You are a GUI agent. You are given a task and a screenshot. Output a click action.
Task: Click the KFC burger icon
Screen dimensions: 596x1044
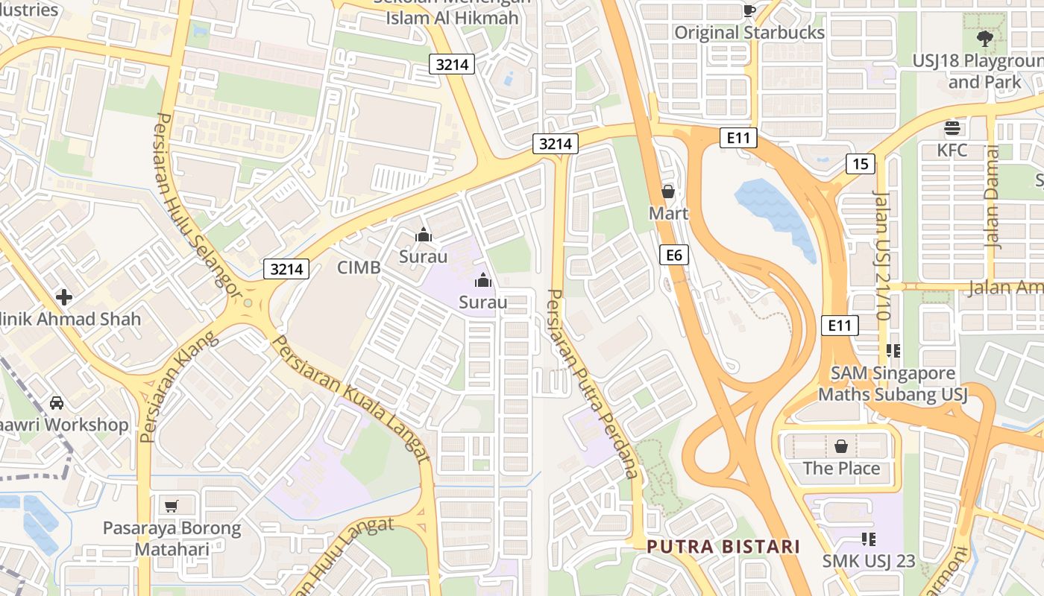pyautogui.click(x=952, y=128)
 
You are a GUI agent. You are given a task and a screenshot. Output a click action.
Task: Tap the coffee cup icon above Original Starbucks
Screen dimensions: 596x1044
pyautogui.click(x=749, y=10)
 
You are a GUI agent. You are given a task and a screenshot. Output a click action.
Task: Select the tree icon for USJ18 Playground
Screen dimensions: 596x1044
pyautogui.click(x=984, y=37)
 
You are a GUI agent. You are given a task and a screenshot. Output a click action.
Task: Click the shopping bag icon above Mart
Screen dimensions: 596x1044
pyautogui.click(x=667, y=191)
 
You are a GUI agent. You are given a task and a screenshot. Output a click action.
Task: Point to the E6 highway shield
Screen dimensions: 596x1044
pyautogui.click(x=673, y=256)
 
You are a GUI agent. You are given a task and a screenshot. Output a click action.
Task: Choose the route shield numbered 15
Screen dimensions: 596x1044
pyautogui.click(x=860, y=164)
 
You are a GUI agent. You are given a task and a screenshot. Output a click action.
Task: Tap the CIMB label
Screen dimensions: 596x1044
pyautogui.click(x=359, y=267)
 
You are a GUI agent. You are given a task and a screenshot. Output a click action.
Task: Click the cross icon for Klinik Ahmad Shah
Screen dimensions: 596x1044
pyautogui.click(x=64, y=297)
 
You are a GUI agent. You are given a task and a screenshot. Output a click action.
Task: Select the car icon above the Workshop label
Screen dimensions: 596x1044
pyautogui.click(x=57, y=403)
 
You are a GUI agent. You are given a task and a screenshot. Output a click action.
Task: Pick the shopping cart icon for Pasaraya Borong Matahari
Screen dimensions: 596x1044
pyautogui.click(x=172, y=507)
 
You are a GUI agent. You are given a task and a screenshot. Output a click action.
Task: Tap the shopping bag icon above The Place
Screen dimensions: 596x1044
pyautogui.click(x=841, y=446)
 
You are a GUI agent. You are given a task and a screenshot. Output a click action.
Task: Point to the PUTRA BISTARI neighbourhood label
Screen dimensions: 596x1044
pyautogui.click(x=723, y=546)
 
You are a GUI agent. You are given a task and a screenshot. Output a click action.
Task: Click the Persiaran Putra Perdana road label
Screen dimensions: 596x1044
pyautogui.click(x=594, y=383)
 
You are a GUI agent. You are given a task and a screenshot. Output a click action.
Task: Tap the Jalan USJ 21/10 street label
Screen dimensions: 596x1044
pyautogui.click(x=882, y=255)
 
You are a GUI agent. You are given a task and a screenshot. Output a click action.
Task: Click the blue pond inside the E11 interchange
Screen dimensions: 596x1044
pyautogui.click(x=776, y=212)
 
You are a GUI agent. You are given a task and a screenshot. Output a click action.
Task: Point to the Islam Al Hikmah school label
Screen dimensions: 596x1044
pyautogui.click(x=452, y=18)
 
